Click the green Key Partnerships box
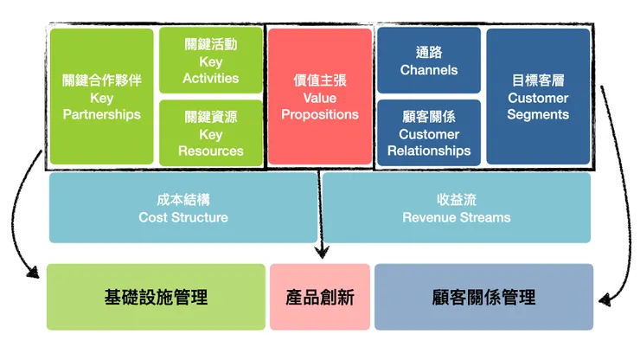tap(102, 97)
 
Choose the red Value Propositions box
tap(320, 97)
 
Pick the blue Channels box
tap(429, 60)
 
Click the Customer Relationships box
tap(429, 132)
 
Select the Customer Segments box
tap(538, 97)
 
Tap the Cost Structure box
tap(183, 208)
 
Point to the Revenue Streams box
tap(457, 208)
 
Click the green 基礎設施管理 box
tap(156, 297)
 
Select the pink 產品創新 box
tap(320, 297)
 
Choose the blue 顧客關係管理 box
tap(483, 297)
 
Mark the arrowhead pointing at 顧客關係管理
tap(605, 300)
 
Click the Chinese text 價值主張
tap(320, 80)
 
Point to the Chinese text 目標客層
tap(538, 80)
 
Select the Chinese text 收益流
tap(457, 199)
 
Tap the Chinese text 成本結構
tap(183, 199)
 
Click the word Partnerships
tap(102, 114)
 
